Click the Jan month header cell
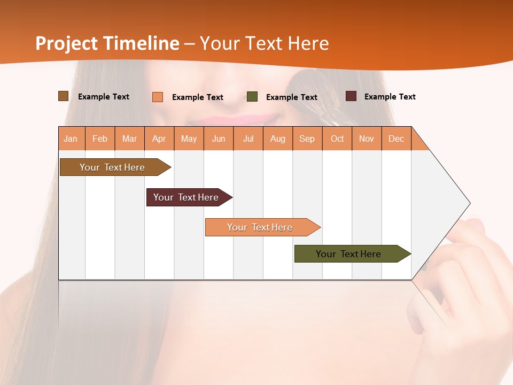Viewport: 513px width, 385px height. (x=71, y=138)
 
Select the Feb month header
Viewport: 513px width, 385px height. (x=100, y=138)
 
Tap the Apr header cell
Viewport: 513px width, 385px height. (x=159, y=138)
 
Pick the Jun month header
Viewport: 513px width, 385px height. (x=219, y=138)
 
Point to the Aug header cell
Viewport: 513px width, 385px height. (x=278, y=138)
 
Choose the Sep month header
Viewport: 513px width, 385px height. (x=307, y=138)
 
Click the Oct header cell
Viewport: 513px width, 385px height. (x=337, y=138)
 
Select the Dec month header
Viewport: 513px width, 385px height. (x=397, y=138)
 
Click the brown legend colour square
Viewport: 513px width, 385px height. (x=64, y=96)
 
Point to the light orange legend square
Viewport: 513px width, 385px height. (x=158, y=97)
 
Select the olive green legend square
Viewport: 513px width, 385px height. (x=252, y=97)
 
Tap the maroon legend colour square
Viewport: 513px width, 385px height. (x=351, y=96)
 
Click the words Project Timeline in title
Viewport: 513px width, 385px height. (x=107, y=43)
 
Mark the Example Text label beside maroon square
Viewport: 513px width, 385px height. (x=390, y=97)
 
